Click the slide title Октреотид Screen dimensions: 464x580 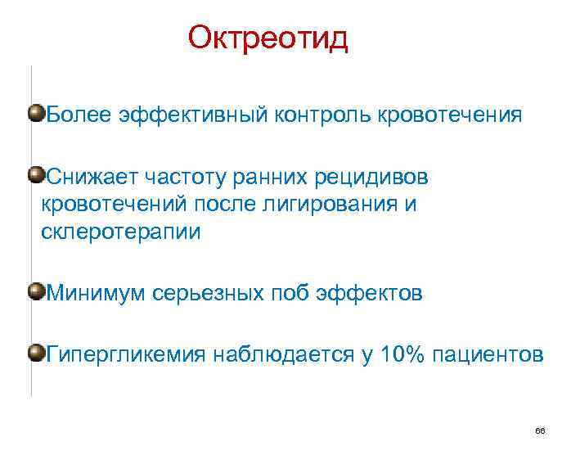pos(268,38)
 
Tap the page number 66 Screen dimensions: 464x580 pos(539,430)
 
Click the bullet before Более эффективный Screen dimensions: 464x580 pos(35,112)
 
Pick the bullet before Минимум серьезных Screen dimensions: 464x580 pos(35,291)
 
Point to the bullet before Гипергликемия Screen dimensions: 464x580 pos(35,353)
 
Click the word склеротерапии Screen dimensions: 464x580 pos(120,232)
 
